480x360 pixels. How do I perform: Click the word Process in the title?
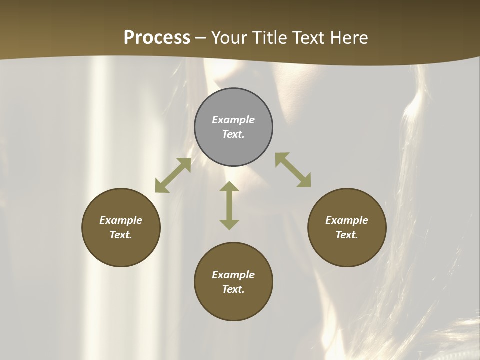[x=157, y=38]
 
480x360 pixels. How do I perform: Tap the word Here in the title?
[x=349, y=38]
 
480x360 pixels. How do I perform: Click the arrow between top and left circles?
[x=173, y=175]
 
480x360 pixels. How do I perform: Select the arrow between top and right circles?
[x=293, y=170]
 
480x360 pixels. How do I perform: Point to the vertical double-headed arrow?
[x=229, y=205]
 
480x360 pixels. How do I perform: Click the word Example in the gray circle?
[x=233, y=120]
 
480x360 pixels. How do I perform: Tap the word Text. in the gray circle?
[x=233, y=134]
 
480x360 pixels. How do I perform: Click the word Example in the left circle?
[x=121, y=220]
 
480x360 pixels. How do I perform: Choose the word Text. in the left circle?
[x=121, y=235]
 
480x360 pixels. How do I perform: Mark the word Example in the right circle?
[x=347, y=220]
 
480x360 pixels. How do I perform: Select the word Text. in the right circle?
[x=347, y=235]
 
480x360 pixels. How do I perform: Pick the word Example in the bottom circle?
[x=233, y=275]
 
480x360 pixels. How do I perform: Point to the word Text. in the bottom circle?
[x=233, y=289]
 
